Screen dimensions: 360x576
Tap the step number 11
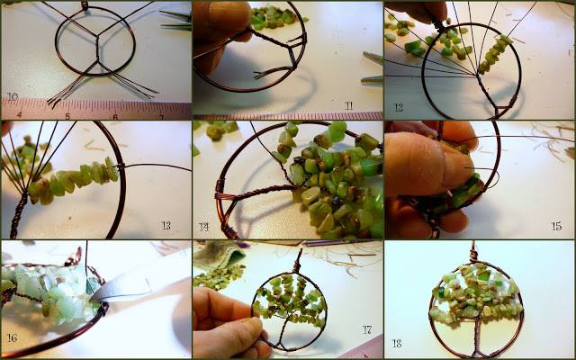[x=349, y=106]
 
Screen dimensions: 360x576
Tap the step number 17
[x=366, y=330]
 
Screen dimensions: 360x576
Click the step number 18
[x=397, y=343]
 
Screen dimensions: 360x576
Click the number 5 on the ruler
[x=67, y=115]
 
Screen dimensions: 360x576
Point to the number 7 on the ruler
[x=161, y=115]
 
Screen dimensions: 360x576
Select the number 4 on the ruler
[x=19, y=115]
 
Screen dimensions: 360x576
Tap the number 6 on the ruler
[x=114, y=115]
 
